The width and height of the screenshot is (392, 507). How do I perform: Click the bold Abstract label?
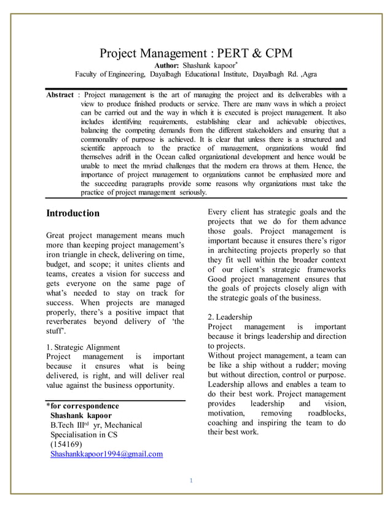click(x=60, y=95)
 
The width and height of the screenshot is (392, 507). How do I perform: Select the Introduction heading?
click(x=73, y=214)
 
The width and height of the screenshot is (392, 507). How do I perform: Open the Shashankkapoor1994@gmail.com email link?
click(x=106, y=454)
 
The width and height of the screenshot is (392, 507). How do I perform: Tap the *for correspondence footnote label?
click(x=82, y=406)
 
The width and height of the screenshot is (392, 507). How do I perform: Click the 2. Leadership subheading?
click(x=230, y=317)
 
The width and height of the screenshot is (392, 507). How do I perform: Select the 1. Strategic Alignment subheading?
click(x=83, y=347)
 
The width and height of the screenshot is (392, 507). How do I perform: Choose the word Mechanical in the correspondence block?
click(x=121, y=425)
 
